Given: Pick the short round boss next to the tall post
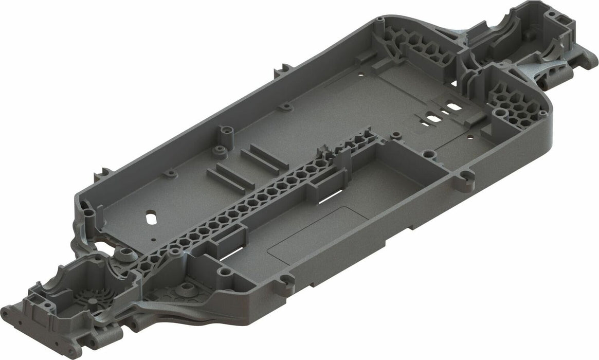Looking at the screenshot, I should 220,150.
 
